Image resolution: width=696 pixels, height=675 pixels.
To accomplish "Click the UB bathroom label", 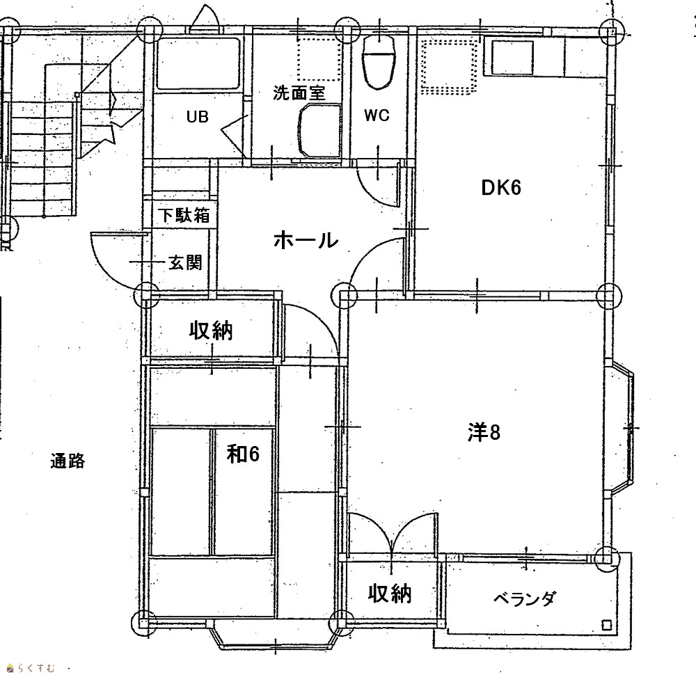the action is click(197, 117).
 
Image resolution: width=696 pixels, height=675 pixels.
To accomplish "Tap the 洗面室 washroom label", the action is click(299, 93).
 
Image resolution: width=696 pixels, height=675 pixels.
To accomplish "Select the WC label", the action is click(377, 116).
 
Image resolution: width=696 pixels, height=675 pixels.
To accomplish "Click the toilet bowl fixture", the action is click(379, 61).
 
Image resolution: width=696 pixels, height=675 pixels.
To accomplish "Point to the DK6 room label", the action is click(501, 188).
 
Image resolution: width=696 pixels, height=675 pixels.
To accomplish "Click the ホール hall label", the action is click(306, 241).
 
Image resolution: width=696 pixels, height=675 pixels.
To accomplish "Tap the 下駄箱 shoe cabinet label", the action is click(184, 216).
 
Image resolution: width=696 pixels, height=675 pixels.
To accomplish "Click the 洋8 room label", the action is click(484, 432).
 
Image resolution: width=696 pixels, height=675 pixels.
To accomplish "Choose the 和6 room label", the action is click(243, 454).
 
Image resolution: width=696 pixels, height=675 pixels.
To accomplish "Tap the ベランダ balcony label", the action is click(524, 599).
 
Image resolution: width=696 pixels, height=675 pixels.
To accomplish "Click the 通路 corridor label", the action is click(68, 461).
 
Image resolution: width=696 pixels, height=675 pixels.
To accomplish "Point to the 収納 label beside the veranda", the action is click(390, 594).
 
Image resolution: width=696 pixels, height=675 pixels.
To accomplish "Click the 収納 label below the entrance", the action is click(211, 330).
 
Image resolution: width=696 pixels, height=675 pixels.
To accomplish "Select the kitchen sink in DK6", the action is click(512, 58).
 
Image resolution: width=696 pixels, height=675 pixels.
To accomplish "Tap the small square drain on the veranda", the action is click(606, 626).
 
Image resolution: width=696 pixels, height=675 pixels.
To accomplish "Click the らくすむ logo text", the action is click(35, 667).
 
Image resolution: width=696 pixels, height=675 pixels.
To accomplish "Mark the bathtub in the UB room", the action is click(198, 63).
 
